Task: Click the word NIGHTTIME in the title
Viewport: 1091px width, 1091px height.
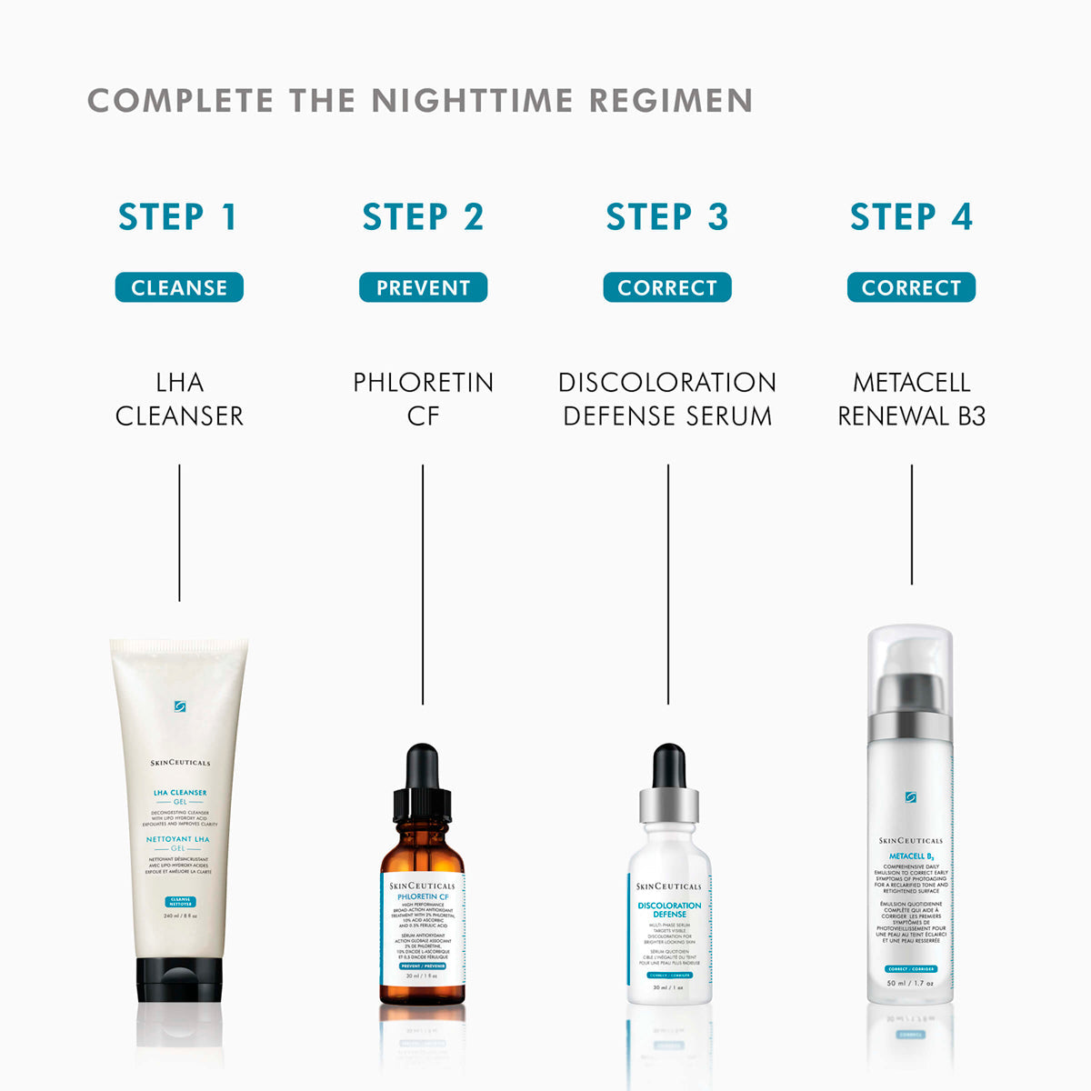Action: click(472, 100)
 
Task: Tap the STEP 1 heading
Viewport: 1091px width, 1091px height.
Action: click(178, 217)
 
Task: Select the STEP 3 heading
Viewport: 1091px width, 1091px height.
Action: click(667, 217)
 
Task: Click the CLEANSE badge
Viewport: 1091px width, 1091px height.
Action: click(179, 287)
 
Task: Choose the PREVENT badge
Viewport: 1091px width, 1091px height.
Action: click(423, 287)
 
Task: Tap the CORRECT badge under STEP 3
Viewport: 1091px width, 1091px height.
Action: click(667, 287)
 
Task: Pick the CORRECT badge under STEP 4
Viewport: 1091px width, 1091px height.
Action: click(911, 287)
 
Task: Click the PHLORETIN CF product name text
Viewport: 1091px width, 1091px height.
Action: click(423, 398)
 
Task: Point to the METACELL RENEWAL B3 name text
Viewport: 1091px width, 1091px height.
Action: click(911, 398)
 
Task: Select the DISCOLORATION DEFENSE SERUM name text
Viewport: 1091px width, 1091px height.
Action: click(667, 398)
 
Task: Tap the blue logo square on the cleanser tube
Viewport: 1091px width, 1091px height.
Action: click(180, 706)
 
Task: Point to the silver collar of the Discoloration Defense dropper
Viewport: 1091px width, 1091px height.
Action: click(668, 805)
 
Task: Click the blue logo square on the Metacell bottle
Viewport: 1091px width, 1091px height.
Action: click(910, 797)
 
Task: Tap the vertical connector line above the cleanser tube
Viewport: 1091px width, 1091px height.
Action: click(179, 532)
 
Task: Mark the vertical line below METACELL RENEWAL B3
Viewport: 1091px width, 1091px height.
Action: click(911, 524)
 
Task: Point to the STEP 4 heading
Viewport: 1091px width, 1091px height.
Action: click(911, 217)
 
